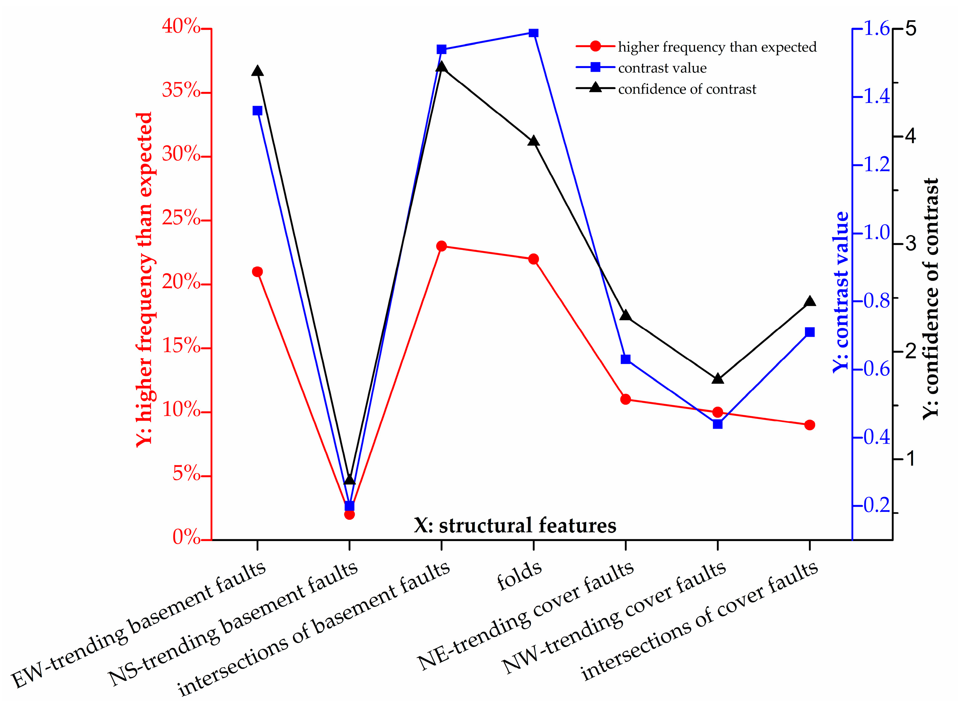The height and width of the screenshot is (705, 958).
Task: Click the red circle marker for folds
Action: (533, 259)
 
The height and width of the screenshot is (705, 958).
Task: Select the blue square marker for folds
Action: (533, 33)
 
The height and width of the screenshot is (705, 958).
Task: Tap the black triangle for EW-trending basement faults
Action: (257, 71)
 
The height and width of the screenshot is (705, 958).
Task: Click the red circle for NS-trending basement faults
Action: (349, 514)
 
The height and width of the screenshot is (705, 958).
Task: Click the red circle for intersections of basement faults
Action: (442, 246)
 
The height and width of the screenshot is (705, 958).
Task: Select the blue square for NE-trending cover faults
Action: (625, 359)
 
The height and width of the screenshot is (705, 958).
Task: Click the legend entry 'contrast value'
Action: (662, 68)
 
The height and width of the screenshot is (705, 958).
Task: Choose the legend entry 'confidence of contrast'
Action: (687, 89)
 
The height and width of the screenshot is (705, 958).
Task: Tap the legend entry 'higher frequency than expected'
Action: (717, 47)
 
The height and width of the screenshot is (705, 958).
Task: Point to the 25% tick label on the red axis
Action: (182, 218)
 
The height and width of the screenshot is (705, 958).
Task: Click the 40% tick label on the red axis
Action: (182, 27)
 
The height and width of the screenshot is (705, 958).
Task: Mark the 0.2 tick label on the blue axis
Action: (876, 506)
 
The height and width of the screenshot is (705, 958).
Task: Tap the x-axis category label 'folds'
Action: (519, 577)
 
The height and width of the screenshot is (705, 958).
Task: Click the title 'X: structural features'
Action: (515, 525)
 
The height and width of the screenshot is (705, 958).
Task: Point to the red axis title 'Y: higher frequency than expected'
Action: (144, 279)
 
